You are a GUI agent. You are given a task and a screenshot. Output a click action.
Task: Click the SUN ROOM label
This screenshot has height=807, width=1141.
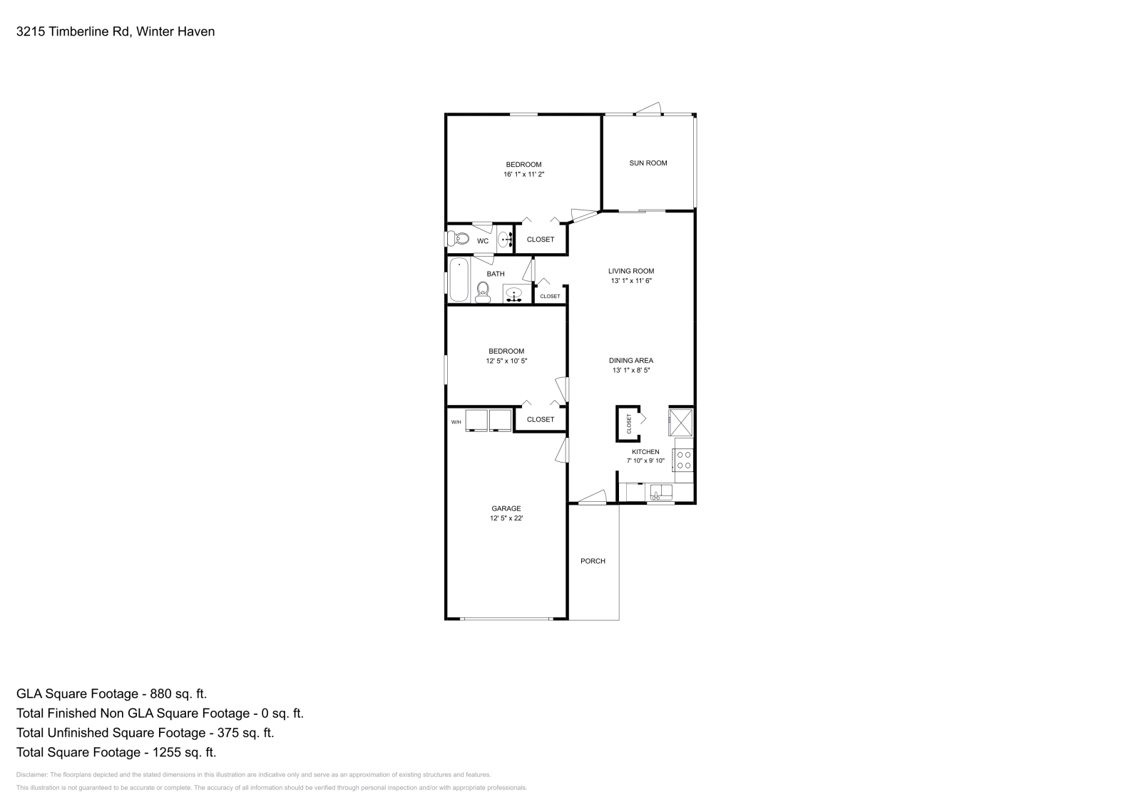coord(648,163)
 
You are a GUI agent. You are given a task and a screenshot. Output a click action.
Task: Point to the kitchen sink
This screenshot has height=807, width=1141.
coord(661,492)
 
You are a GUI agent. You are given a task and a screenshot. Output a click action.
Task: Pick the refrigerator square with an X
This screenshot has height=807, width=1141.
coord(681,421)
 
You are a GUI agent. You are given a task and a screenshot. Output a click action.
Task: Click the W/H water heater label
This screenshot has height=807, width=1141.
coord(456,423)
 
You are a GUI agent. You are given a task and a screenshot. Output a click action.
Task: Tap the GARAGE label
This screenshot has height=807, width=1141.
coord(506,508)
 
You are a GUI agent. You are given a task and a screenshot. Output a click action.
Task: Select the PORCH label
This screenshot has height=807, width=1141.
coord(593,561)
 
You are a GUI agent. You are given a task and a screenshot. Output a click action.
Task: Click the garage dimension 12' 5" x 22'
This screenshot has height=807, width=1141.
coord(506,518)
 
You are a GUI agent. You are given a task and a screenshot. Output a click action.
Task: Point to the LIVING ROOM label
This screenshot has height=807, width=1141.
coord(630,271)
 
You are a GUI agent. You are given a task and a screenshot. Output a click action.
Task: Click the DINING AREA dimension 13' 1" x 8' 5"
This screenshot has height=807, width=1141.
coord(630,370)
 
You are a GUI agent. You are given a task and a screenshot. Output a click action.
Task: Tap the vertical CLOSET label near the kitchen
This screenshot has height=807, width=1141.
coord(629,423)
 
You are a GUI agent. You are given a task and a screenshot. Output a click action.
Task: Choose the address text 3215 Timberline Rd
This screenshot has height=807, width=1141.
coord(72,31)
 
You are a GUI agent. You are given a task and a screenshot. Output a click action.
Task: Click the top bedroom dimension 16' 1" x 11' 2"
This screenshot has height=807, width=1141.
coord(523,174)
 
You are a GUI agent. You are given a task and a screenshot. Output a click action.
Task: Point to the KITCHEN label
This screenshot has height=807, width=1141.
coord(645,452)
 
